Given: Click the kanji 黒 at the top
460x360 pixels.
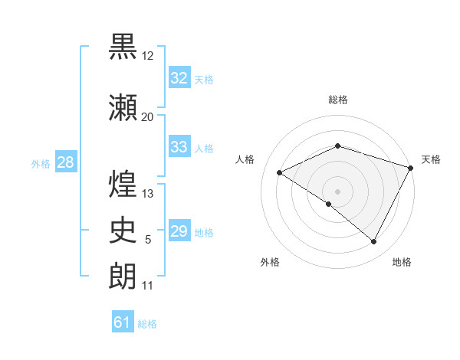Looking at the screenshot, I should pos(123,47).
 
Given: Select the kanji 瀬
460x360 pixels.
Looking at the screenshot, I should pos(123,107).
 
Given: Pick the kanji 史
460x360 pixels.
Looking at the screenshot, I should pos(123,230).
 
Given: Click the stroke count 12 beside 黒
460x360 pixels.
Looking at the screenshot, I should pos(148,56).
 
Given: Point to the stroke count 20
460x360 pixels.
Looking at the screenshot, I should pos(147,116).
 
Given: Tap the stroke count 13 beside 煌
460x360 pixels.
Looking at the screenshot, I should pos(148,194).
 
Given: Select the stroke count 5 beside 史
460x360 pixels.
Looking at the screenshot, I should pos(148,240).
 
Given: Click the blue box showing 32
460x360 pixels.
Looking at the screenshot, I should pos(179,78).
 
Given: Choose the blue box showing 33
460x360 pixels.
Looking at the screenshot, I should pos(179,147).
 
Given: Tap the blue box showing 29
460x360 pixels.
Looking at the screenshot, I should pos(179,231).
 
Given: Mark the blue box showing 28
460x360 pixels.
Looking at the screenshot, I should pos(65,162).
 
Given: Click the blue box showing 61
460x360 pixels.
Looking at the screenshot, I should pos(123,322).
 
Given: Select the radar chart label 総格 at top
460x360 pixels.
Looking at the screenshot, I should pos(337,100).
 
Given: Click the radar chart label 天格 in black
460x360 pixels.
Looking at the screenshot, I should pos(432,159).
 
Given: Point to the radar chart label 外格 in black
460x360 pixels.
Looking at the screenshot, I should pos(269,263).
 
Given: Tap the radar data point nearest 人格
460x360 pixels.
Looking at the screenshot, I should pos(280,172).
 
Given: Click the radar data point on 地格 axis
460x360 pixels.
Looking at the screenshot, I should pos(374,242).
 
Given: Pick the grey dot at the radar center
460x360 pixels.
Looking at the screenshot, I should pos(337,191).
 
